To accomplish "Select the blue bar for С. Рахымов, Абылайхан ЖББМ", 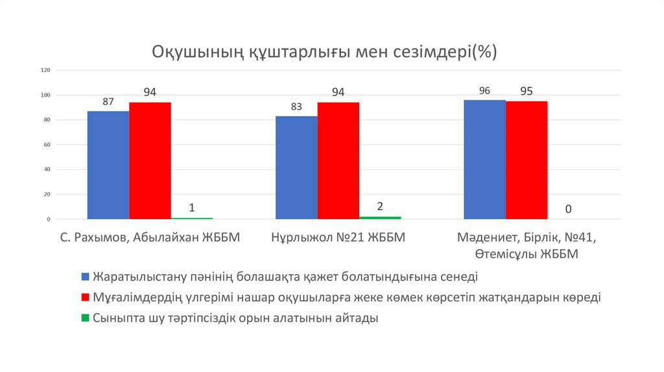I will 108,165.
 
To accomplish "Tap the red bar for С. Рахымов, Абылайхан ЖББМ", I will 150,161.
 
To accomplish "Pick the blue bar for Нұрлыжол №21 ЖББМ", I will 296,168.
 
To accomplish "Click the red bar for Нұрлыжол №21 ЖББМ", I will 338,161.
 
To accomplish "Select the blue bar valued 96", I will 484,159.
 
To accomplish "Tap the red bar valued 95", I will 527,160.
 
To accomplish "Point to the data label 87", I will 108,102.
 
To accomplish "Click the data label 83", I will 296,107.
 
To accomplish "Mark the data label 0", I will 568,209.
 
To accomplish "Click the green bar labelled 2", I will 380,218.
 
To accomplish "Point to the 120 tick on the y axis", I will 46,70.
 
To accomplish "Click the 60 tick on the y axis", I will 47,145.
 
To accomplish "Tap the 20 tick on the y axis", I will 47,194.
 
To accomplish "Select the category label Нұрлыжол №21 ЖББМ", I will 338,238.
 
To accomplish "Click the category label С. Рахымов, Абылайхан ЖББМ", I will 150,238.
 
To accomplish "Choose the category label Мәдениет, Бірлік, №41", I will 527,238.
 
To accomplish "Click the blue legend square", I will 85,277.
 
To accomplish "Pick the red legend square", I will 85,297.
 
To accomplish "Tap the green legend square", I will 85,318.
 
